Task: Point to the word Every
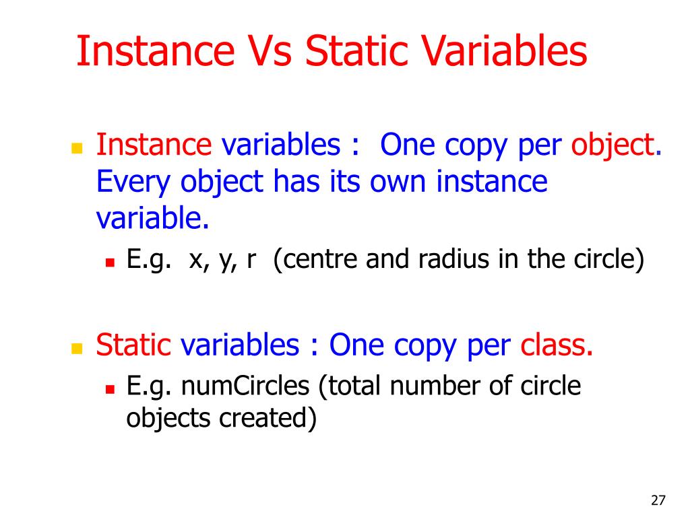click(127, 182)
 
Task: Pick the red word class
click(557, 345)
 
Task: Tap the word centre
click(318, 259)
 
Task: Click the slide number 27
click(658, 500)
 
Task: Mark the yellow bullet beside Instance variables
click(76, 147)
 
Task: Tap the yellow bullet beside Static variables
click(76, 348)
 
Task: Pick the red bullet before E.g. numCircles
click(111, 389)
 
